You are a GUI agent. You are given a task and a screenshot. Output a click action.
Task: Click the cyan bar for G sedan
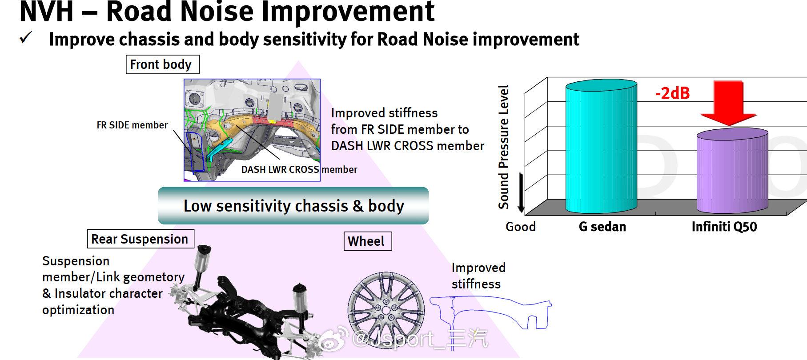click(601, 147)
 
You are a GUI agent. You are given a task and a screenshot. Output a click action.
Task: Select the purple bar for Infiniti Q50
click(732, 171)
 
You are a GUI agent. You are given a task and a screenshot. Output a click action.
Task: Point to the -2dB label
click(673, 93)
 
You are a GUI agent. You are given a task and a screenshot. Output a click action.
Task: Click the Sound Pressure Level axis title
click(503, 147)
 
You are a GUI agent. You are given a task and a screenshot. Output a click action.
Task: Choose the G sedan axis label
click(602, 227)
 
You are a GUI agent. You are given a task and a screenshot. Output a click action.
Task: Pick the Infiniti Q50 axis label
click(724, 227)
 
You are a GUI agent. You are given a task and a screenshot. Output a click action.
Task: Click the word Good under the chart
click(521, 227)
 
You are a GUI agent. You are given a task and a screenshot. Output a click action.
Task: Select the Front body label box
click(163, 64)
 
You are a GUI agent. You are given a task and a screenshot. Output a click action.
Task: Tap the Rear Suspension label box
click(141, 239)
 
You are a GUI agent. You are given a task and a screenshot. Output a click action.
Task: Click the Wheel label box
click(368, 241)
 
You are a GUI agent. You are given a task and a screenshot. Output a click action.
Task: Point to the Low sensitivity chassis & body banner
click(293, 206)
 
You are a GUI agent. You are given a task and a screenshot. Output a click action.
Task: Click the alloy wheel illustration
click(386, 310)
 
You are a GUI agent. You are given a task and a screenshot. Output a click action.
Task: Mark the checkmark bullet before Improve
click(26, 38)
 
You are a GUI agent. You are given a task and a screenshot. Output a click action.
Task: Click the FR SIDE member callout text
click(132, 125)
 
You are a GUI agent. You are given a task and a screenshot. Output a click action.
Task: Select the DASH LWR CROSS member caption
click(299, 169)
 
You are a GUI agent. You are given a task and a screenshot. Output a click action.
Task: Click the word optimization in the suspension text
click(78, 310)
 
